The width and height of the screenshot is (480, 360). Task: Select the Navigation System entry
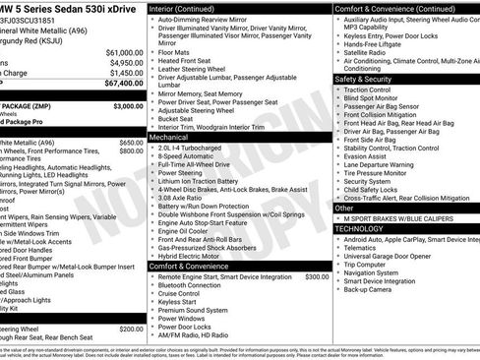pyautogui.click(x=379, y=272)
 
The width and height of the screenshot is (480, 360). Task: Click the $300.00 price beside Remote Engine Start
pyautogui.click(x=316, y=276)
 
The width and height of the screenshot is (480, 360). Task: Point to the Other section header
pyautogui.click(x=345, y=208)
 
